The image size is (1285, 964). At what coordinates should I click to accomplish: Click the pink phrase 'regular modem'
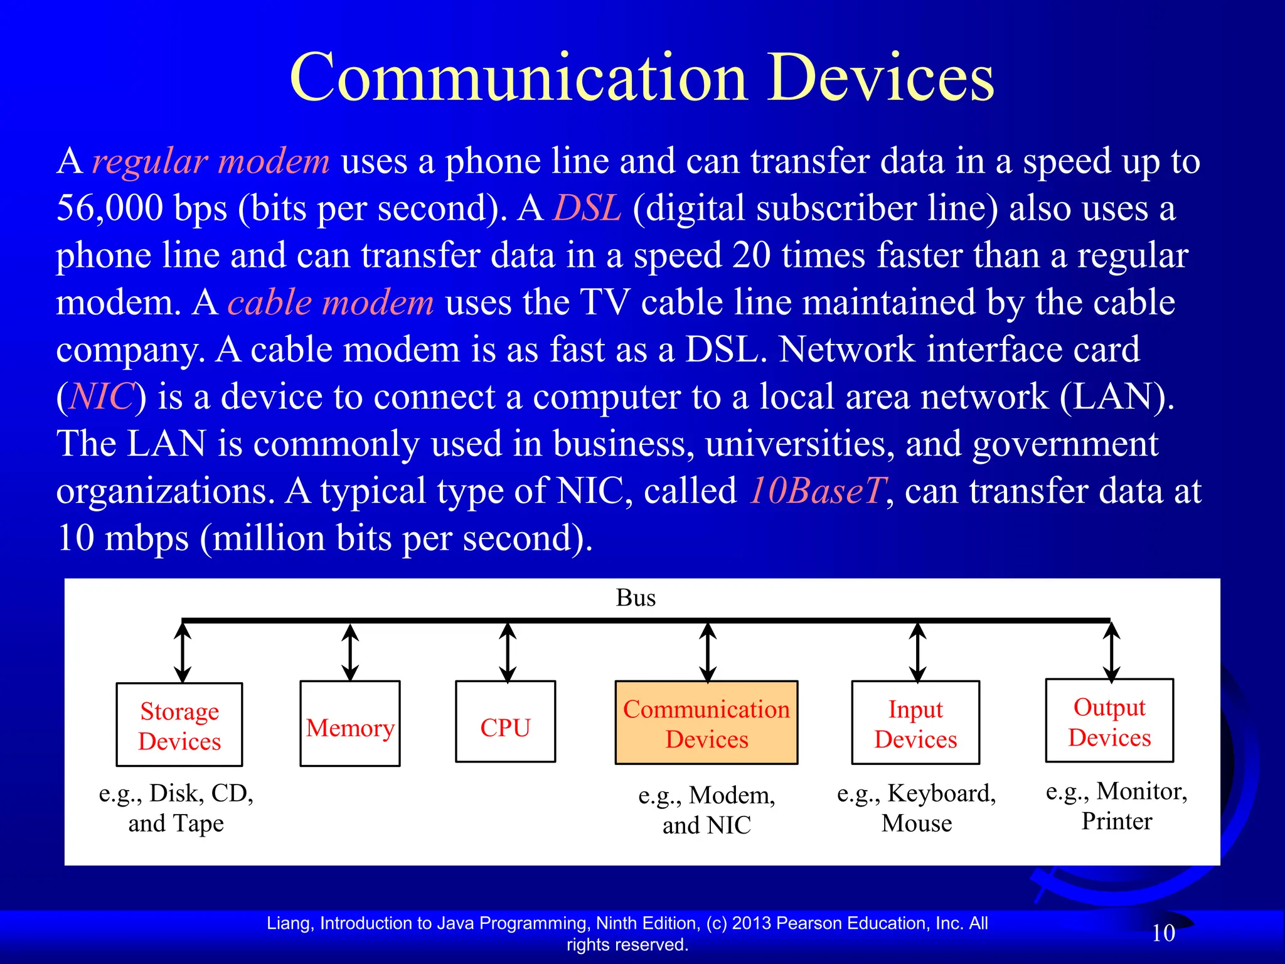[211, 162]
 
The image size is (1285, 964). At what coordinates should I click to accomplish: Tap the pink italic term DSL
[587, 208]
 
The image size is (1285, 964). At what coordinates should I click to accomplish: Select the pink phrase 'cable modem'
[331, 303]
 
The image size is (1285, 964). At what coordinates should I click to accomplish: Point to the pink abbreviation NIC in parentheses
[102, 397]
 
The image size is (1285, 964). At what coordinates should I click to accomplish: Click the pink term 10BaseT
[818, 491]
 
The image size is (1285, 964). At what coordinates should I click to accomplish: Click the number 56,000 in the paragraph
[110, 208]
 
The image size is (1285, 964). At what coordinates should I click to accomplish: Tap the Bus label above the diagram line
[636, 598]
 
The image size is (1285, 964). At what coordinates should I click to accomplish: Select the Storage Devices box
[179, 725]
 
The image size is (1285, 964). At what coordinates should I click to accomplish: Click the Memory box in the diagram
[350, 724]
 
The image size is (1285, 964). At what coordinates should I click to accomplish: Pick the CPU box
[506, 722]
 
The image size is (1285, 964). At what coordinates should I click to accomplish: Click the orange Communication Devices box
[706, 723]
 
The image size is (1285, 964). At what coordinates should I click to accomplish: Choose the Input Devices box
[915, 723]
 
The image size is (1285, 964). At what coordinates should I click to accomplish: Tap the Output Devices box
[1109, 721]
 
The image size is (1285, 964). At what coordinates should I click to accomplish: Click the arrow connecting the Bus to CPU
[508, 652]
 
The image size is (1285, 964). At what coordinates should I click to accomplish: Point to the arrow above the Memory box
[350, 652]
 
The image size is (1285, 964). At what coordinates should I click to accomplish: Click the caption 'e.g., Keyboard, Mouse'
[916, 808]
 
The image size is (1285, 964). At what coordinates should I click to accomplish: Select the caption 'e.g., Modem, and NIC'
[706, 810]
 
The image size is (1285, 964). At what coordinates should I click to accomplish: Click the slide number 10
[1163, 933]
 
